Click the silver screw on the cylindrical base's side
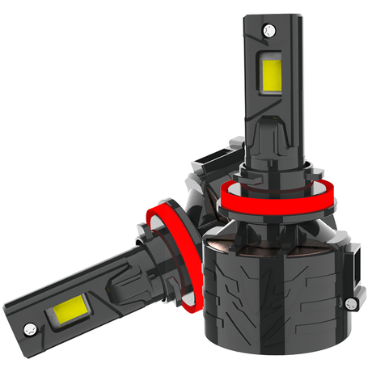[x=349, y=302]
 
